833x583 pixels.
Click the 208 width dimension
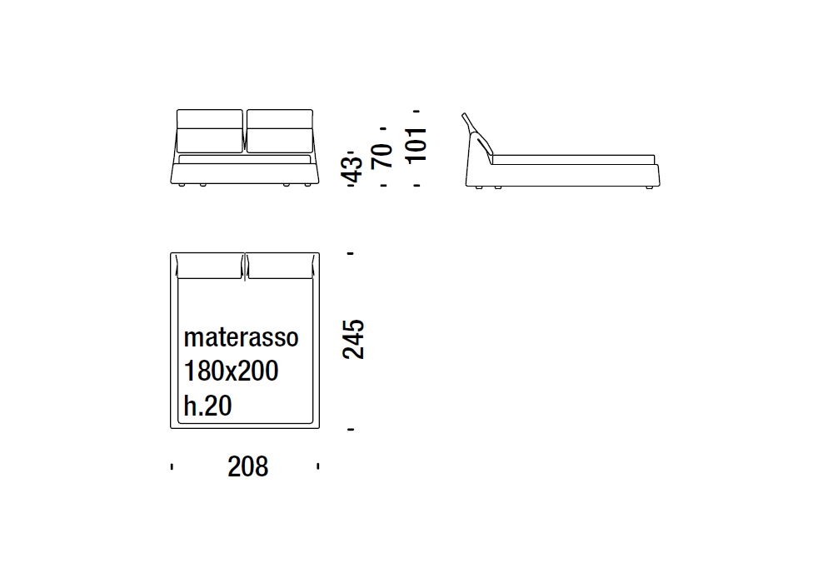247,466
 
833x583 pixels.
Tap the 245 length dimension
353,340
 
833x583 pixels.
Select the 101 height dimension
416,144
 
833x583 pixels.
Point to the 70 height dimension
382,156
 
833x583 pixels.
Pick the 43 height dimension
352,169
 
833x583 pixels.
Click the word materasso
242,337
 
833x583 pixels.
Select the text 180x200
231,371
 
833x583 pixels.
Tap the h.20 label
207,406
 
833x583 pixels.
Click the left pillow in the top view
209,266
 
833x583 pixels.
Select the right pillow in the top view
281,266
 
